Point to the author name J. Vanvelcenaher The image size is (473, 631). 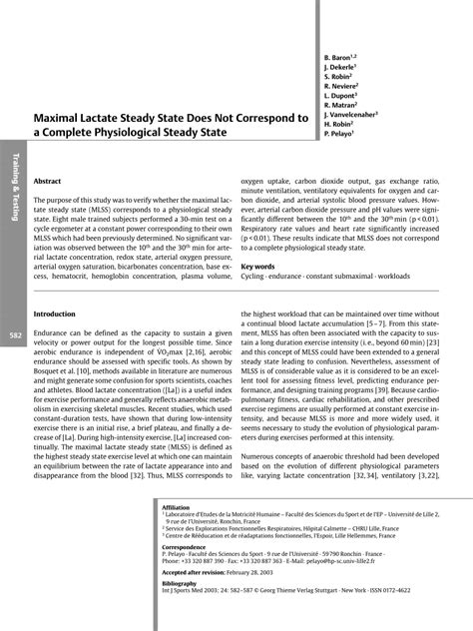point(349,114)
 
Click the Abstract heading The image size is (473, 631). point(47,181)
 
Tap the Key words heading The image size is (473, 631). point(257,267)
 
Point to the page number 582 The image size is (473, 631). point(16,335)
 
